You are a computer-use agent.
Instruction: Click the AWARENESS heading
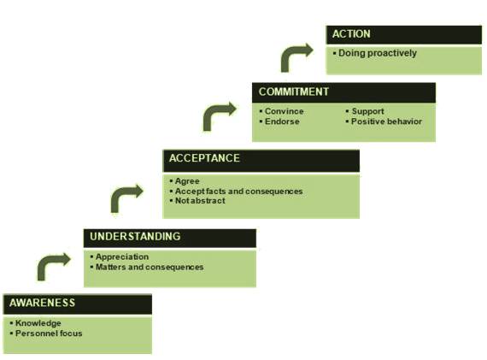42,303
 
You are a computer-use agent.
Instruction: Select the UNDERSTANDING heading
135,236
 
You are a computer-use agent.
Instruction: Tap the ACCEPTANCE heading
204,158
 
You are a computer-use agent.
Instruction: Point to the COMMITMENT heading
294,91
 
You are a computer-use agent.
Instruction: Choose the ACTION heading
351,34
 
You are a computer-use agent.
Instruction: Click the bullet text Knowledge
38,323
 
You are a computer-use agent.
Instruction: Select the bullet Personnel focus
49,333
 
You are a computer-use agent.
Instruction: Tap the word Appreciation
122,257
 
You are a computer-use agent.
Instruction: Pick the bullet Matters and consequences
150,267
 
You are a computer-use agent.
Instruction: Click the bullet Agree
187,181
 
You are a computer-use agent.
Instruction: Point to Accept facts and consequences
239,192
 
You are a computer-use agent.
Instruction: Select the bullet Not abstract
200,201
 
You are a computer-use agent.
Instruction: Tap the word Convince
285,111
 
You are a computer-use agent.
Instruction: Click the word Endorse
282,121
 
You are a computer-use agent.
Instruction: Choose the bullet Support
367,111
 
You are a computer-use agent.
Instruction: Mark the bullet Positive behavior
386,121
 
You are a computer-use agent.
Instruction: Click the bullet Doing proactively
378,53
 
